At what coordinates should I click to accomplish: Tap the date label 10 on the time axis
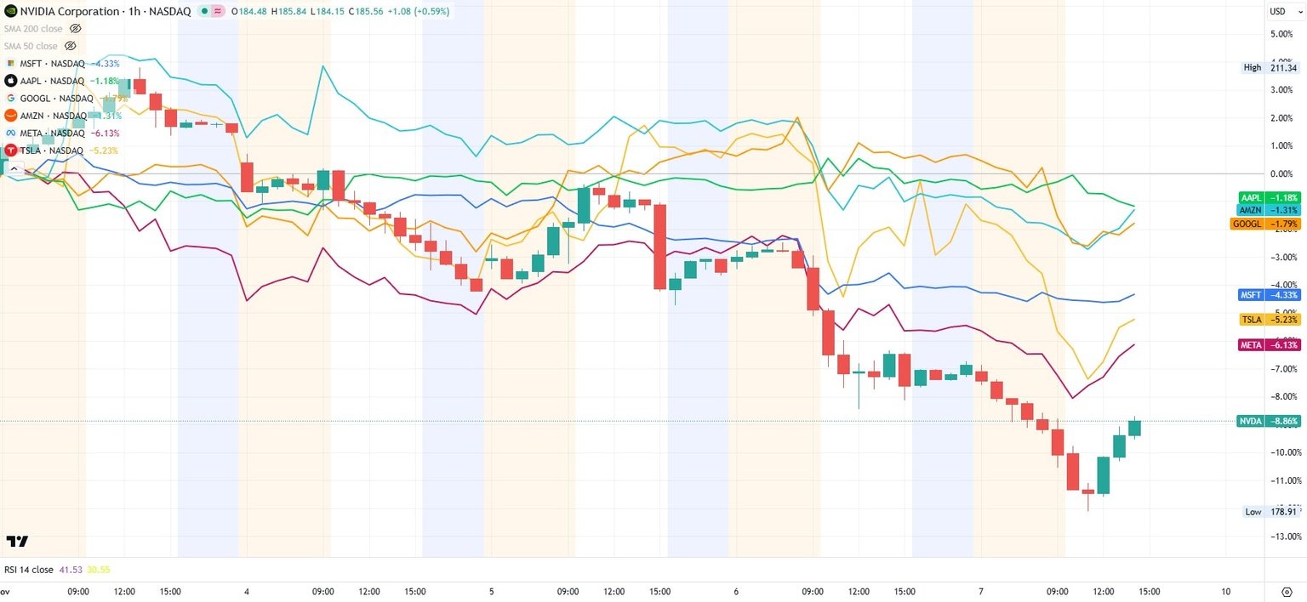click(1224, 591)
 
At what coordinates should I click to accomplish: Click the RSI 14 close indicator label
click(29, 570)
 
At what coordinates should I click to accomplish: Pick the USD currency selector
click(1279, 11)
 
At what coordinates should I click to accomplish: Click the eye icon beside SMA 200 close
click(75, 29)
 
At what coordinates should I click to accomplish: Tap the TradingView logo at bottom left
click(17, 542)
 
